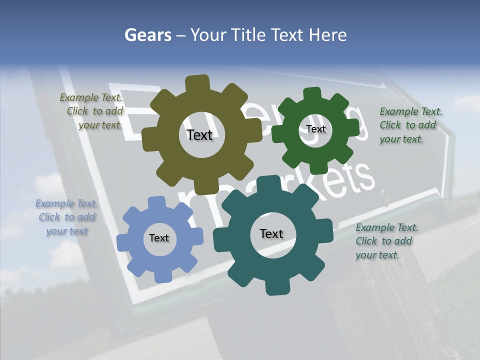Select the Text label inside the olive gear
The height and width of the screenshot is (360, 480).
[x=199, y=135]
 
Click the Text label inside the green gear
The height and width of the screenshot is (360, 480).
[x=315, y=129]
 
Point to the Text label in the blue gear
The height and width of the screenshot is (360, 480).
[x=159, y=238]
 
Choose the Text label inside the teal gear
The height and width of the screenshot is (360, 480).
[x=271, y=234]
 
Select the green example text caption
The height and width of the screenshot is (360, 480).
[x=410, y=125]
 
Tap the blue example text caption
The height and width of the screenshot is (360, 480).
[x=66, y=217]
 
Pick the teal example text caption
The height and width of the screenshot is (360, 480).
[x=386, y=241]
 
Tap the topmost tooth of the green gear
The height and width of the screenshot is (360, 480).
[x=312, y=93]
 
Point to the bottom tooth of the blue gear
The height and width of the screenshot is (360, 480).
[x=161, y=276]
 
